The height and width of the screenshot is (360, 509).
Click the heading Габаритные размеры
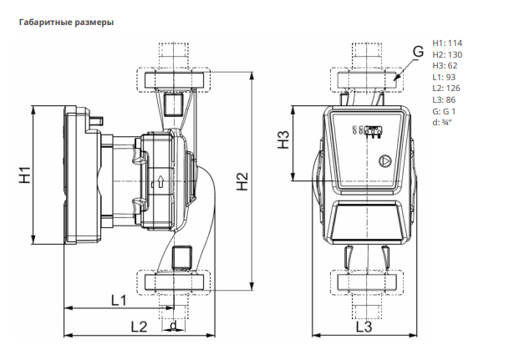67,23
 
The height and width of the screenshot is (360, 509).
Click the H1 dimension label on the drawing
25,175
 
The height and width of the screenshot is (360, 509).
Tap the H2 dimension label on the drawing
242,181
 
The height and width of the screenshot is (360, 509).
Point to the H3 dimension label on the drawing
283,139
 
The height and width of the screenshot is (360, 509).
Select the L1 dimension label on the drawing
119,301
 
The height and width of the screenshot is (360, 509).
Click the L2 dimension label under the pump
139,327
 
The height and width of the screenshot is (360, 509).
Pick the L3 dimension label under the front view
364,327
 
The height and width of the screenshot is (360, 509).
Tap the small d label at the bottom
174,325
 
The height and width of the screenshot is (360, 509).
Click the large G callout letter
419,52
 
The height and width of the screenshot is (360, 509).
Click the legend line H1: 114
447,43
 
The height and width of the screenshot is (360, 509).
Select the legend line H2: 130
447,54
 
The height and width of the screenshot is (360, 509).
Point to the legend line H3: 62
445,65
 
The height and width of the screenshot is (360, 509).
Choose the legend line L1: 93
444,77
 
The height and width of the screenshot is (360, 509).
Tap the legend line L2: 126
446,89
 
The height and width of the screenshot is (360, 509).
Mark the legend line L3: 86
444,99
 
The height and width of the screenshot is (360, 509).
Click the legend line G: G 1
444,111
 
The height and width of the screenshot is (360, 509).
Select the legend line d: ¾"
442,123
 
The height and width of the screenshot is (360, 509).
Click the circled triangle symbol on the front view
385,160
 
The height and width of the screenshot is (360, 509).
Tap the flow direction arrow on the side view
160,181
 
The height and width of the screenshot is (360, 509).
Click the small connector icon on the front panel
374,130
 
